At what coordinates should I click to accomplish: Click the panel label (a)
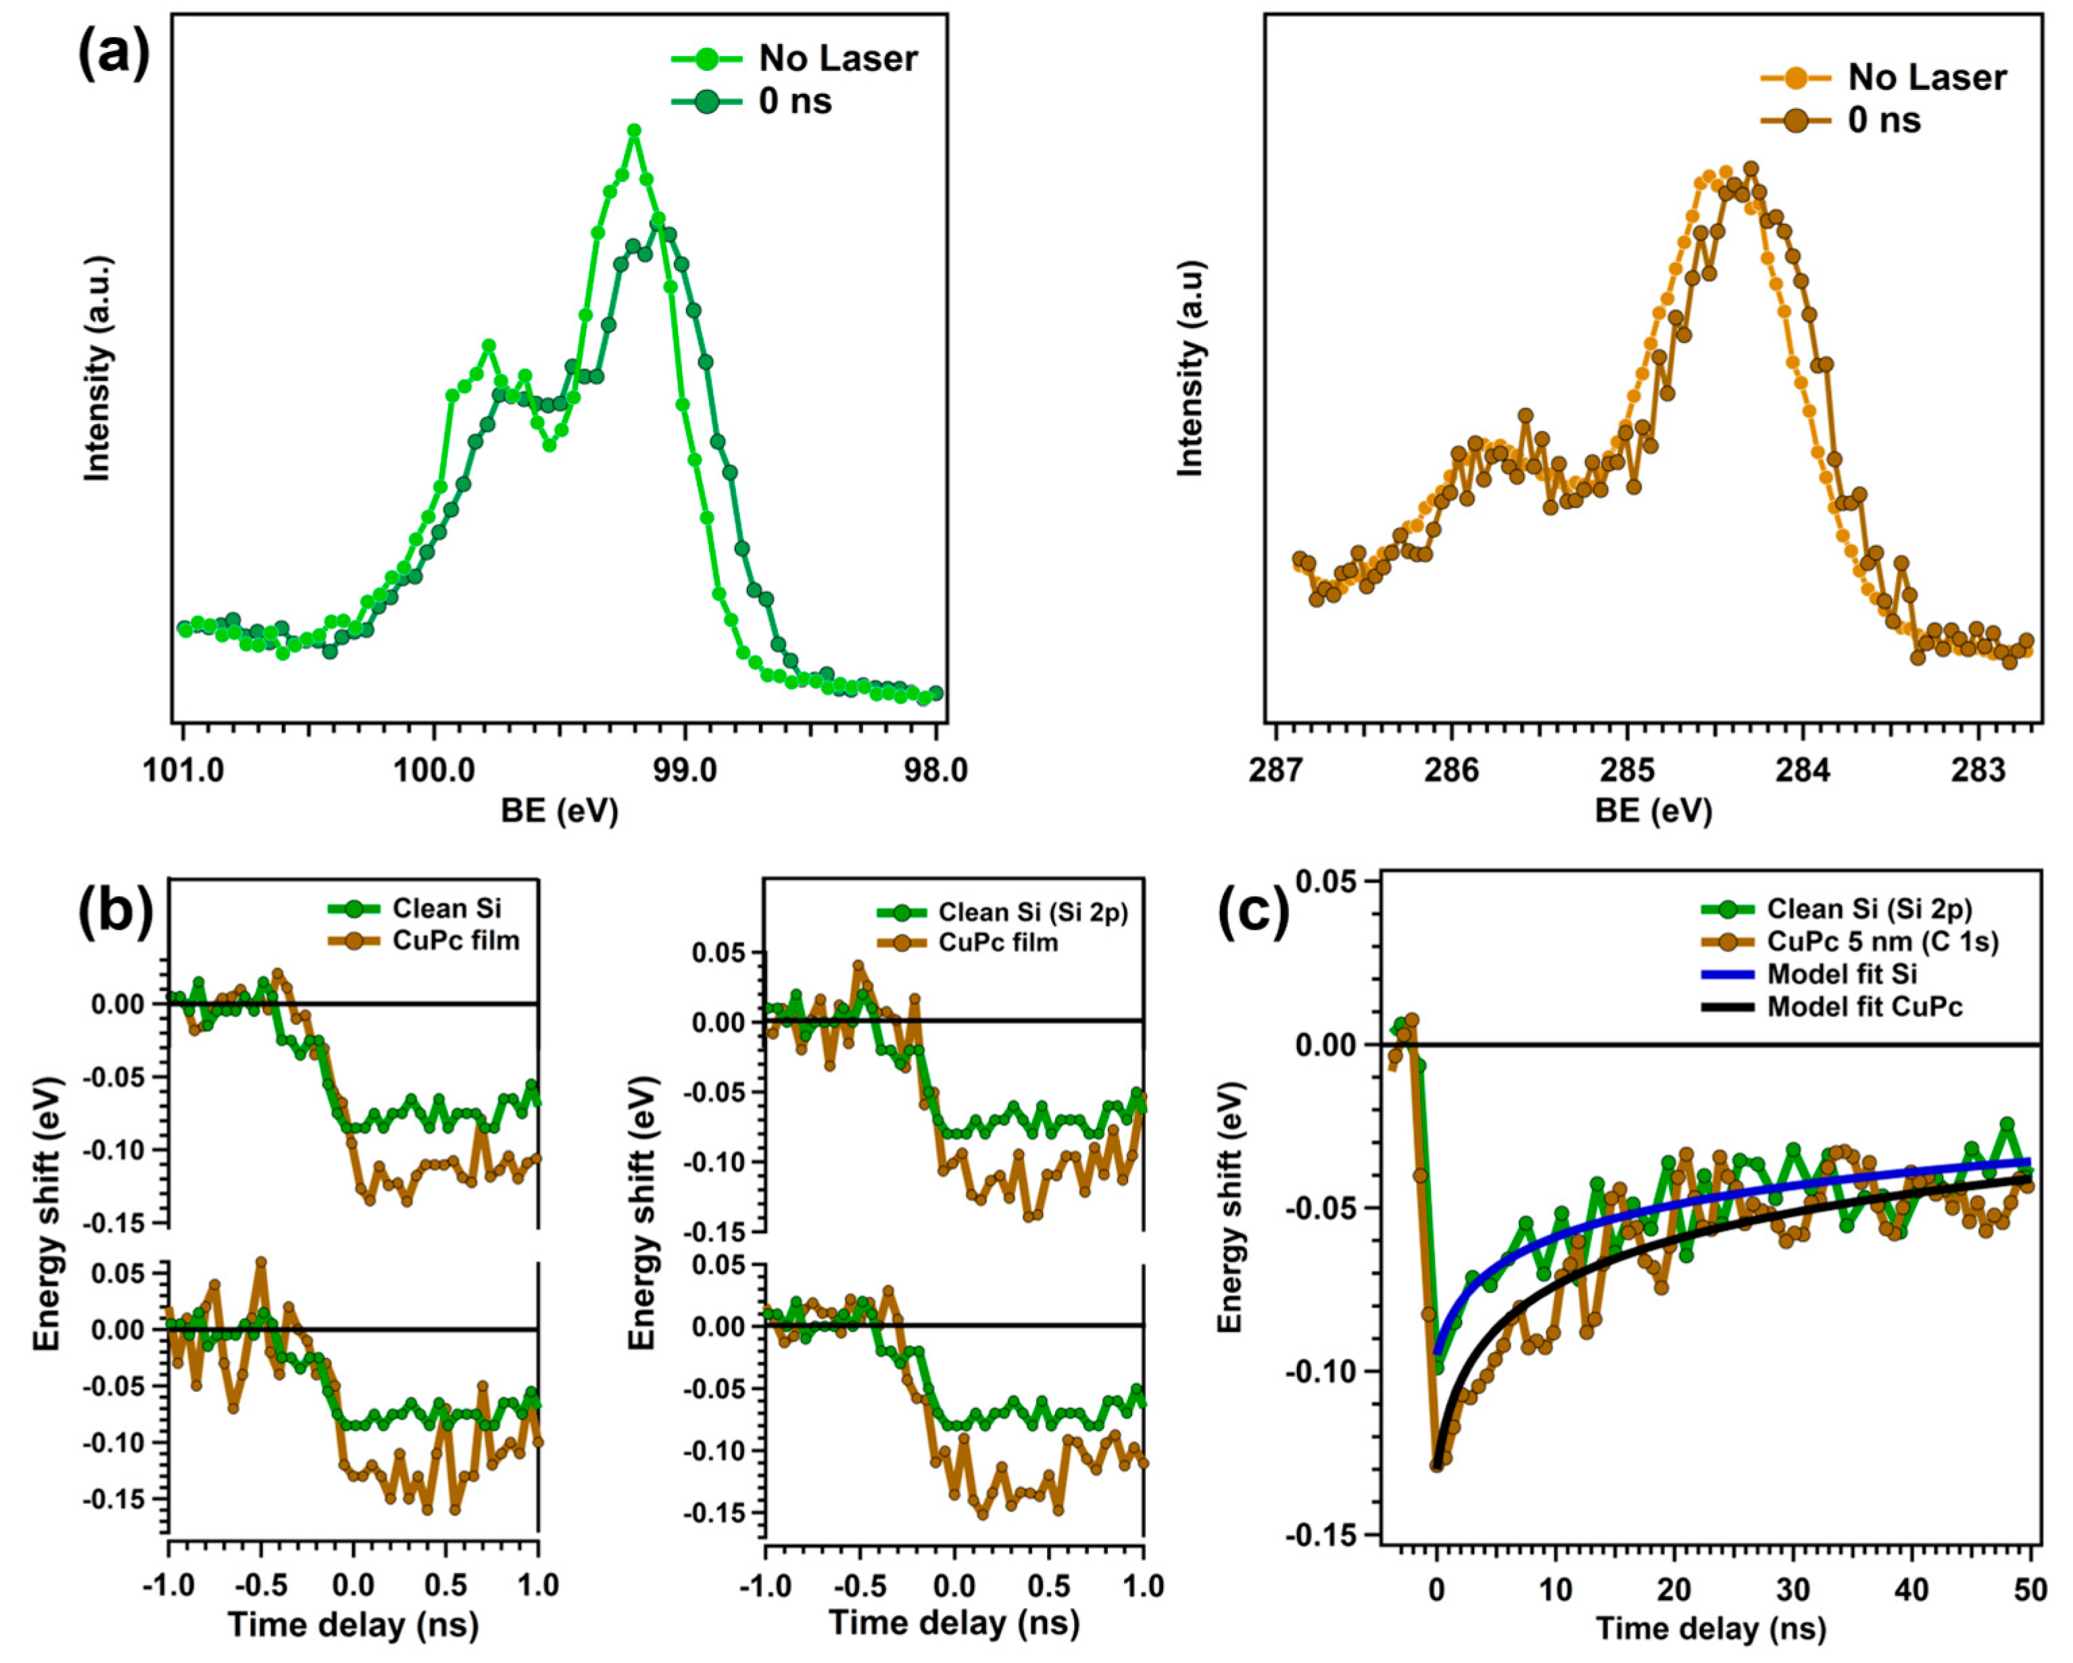[114, 55]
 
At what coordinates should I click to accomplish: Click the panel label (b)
[116, 909]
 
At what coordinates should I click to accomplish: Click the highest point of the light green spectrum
[633, 131]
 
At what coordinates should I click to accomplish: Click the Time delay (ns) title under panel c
[1711, 1629]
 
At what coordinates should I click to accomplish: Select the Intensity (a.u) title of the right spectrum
[1190, 369]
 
